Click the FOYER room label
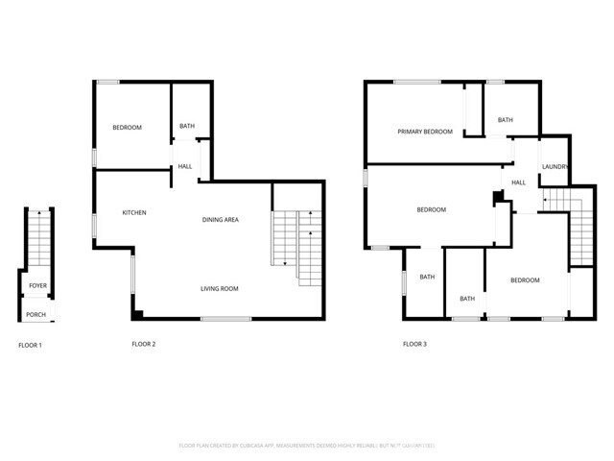[x=37, y=286]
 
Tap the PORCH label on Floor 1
[x=35, y=314]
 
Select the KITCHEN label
[x=133, y=212]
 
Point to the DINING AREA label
[x=220, y=220]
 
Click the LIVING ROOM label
[x=219, y=288]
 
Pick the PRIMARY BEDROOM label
[x=425, y=131]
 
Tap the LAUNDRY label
[x=555, y=167]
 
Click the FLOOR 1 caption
[x=31, y=345]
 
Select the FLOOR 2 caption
[x=143, y=343]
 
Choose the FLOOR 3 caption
[x=414, y=343]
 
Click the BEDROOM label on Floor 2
[x=127, y=128]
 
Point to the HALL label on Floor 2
[x=184, y=167]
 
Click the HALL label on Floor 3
[x=518, y=182]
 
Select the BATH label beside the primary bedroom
[x=505, y=120]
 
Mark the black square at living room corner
[x=138, y=313]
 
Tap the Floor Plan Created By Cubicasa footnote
[x=307, y=446]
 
